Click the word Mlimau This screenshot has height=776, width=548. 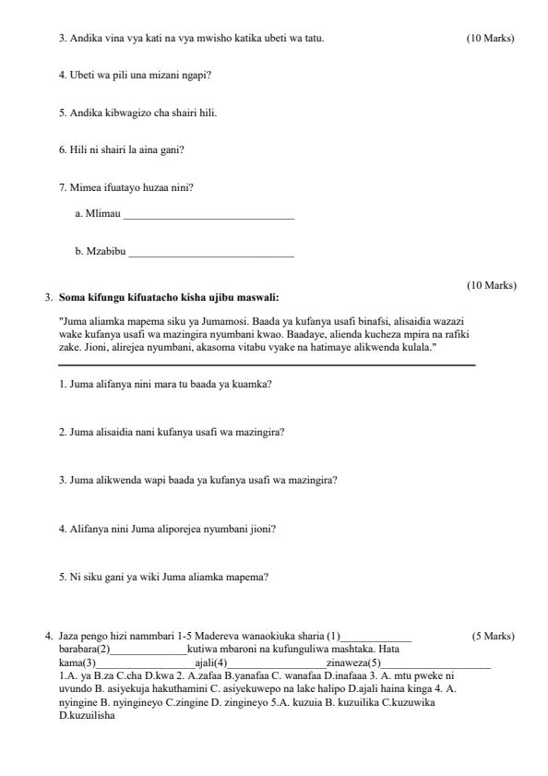point(102,215)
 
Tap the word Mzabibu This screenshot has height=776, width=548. point(105,251)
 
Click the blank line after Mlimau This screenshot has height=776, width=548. point(208,218)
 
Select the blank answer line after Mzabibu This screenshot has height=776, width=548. point(211,254)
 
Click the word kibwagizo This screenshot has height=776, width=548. point(123,113)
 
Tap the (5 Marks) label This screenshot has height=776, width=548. point(493,637)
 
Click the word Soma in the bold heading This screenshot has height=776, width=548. point(70,298)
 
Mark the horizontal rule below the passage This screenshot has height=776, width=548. point(267,366)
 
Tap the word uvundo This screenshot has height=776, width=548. point(72,688)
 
